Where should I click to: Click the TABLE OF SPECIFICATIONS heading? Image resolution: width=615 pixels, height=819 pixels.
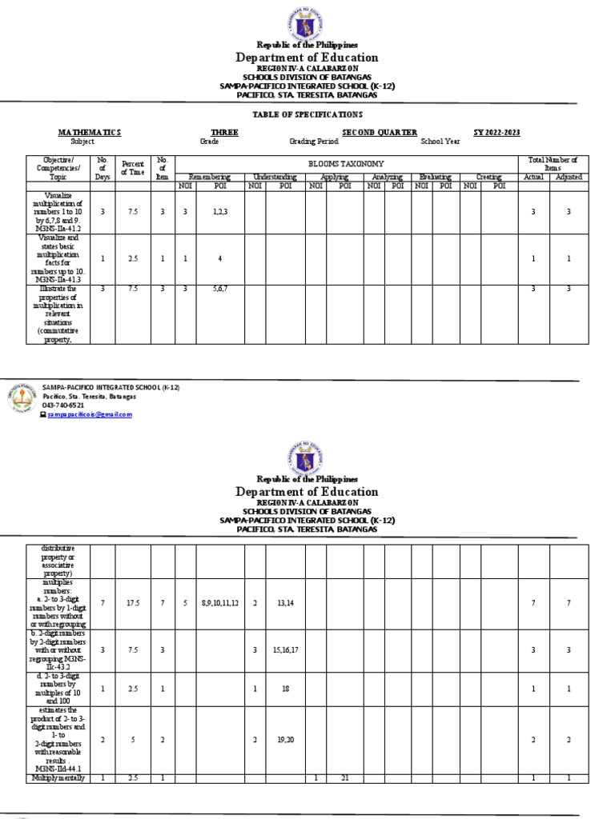pos(308,114)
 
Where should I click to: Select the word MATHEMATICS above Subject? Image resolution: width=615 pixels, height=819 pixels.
pos(89,132)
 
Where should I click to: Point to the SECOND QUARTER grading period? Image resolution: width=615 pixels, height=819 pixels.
pos(380,132)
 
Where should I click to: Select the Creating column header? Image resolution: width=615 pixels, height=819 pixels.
pos(488,176)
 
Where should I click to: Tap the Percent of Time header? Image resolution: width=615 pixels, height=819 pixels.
pos(132,167)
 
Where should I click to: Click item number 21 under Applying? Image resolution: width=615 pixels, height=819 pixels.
pos(345,778)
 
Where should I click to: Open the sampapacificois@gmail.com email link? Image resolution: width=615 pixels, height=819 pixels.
pos(89,414)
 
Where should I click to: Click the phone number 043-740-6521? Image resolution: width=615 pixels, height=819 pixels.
pos(64,406)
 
